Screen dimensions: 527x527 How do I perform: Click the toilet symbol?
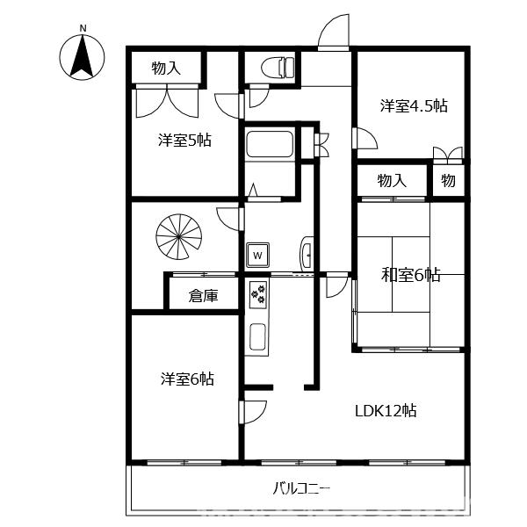coord(278,68)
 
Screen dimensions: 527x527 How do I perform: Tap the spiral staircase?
coord(179,237)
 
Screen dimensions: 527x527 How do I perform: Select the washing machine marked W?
coord(257,255)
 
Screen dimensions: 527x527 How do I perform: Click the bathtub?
coord(270,144)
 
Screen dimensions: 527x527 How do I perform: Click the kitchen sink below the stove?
coord(258,336)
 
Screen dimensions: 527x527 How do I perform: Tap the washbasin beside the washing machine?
coord(307,254)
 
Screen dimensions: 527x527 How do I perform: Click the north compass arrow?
coord(82,57)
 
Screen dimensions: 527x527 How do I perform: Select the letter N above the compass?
coord(83,29)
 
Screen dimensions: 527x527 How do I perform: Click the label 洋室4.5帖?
coord(414,106)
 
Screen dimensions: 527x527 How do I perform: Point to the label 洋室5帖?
coord(184,141)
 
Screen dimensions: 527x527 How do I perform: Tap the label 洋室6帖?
coord(187,379)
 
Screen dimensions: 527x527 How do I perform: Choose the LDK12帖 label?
coord(386,411)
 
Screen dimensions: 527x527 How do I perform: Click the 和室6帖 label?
coord(410,275)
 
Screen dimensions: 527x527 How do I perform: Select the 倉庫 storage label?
coord(204,296)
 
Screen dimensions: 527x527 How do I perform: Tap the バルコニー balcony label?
coord(300,488)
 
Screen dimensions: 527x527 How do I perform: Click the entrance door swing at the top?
coord(334,32)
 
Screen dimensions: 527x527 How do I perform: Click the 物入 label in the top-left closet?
coord(166,69)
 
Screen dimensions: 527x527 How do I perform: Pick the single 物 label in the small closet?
coord(448,180)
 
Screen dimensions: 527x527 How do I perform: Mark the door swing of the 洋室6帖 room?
coord(254,412)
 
